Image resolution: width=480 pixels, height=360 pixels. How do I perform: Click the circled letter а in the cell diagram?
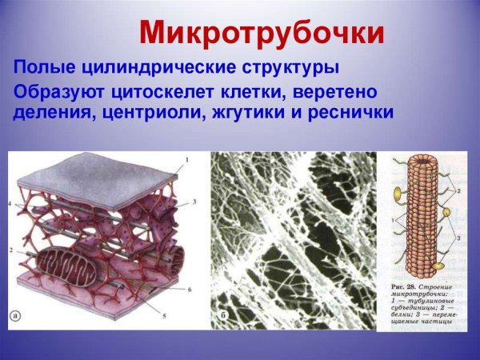tap(18, 315)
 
